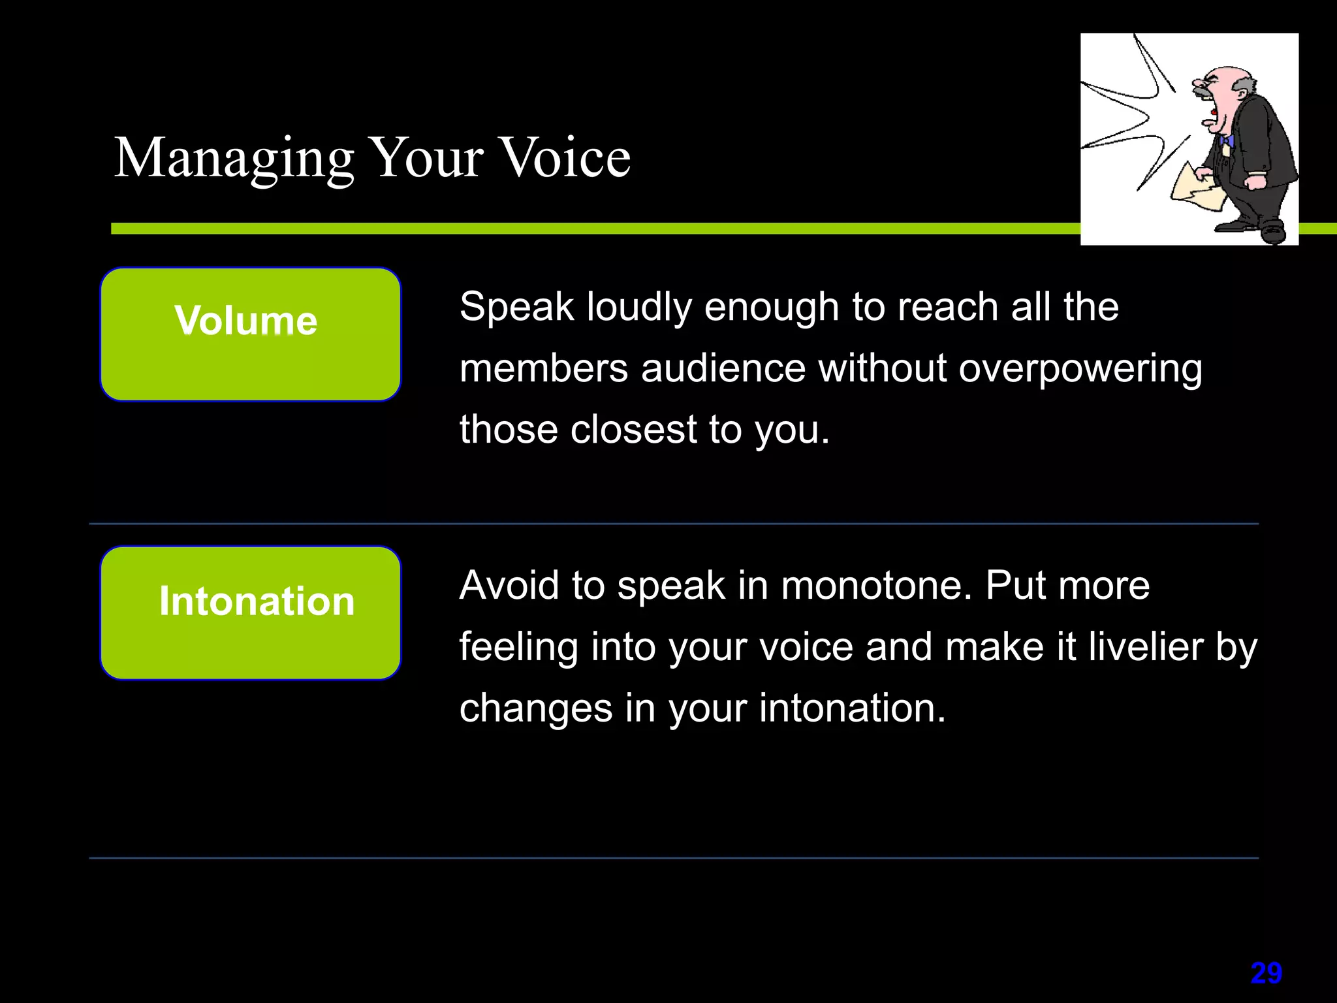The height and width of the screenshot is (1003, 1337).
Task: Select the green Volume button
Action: click(251, 334)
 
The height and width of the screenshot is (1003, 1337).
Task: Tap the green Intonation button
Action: click(251, 613)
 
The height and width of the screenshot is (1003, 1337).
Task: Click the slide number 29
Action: click(1266, 973)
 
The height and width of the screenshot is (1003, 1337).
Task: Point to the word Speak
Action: click(516, 307)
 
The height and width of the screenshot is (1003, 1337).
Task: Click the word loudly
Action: click(638, 307)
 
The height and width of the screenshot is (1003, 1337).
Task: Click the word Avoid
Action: click(509, 585)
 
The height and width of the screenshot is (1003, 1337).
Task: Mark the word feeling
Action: click(518, 648)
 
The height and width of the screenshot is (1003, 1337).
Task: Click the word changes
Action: click(535, 709)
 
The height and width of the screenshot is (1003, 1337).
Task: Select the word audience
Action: click(723, 369)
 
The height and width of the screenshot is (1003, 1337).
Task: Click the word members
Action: click(543, 369)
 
